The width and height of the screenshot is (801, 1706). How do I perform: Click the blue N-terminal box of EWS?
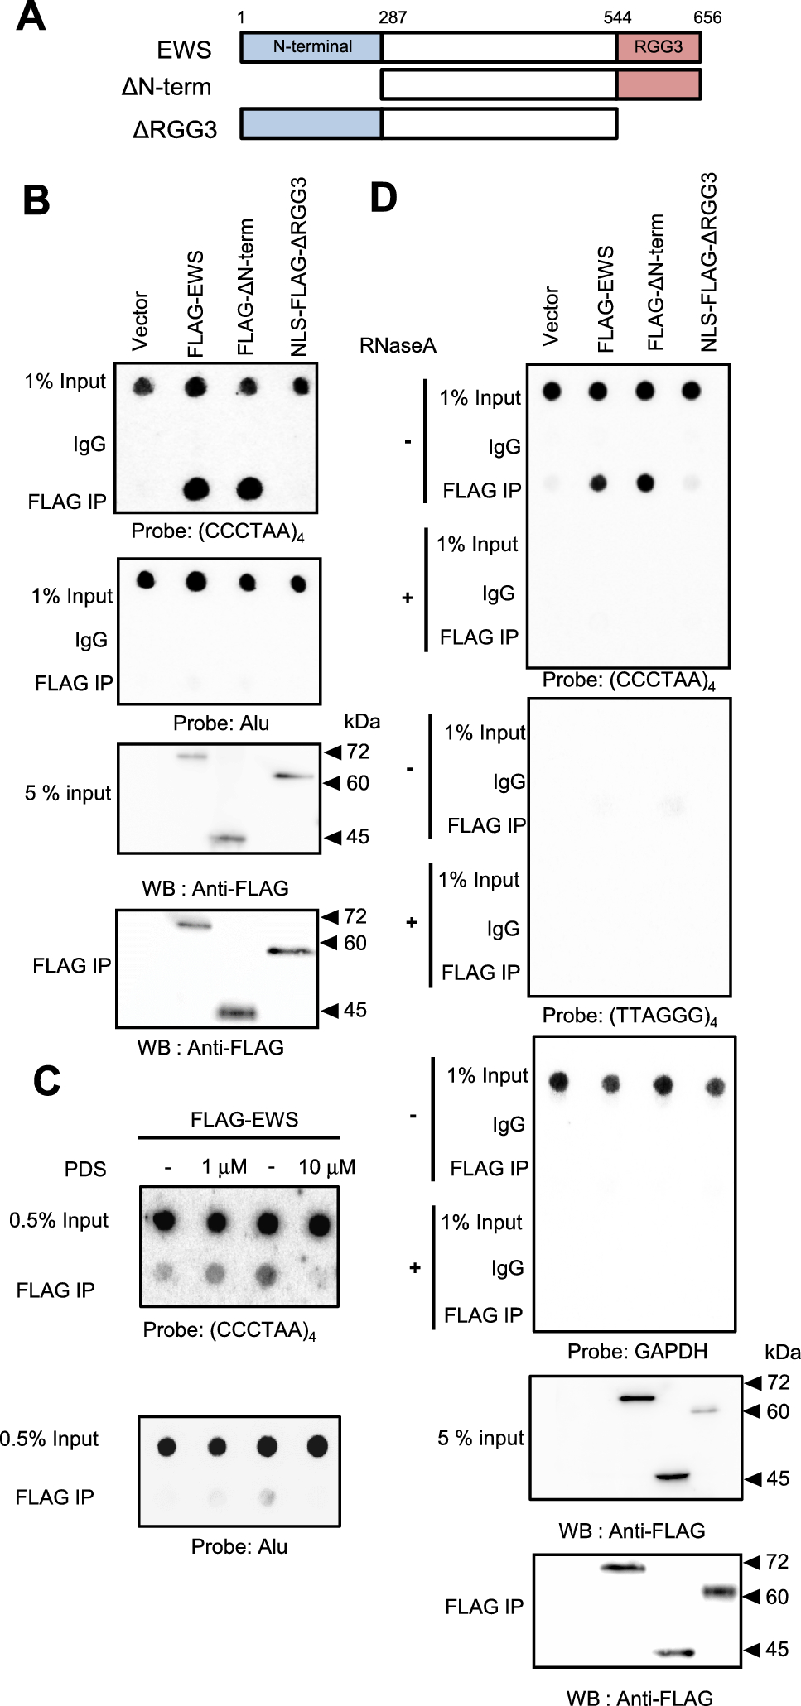311,47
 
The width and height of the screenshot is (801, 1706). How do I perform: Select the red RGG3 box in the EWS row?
659,47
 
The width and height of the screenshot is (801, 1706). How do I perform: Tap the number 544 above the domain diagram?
617,17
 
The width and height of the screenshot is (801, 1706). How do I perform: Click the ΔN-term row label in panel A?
166,86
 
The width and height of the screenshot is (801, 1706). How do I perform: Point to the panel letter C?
46,1080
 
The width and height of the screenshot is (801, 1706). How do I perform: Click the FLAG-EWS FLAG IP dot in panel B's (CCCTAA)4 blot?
195,489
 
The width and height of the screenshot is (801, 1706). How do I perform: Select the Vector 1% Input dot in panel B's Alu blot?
146,579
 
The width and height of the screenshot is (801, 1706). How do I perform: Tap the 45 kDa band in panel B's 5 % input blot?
229,839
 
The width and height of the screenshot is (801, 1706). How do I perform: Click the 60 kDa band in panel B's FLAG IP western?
290,951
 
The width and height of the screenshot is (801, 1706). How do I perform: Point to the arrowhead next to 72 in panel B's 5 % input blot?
333,752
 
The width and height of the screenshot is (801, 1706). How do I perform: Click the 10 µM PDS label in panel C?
326,1166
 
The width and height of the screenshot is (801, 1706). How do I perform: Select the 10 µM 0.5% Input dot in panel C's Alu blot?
317,1446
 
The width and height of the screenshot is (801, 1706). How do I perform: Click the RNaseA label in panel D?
398,345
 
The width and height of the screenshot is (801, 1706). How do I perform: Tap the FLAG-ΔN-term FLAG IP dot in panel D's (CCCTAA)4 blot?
644,482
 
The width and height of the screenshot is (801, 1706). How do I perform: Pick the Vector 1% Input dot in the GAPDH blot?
560,1081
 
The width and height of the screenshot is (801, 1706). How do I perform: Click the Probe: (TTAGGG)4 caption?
630,1016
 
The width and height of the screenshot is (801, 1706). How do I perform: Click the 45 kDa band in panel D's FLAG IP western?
673,1652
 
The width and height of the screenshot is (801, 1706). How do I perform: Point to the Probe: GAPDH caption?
637,1351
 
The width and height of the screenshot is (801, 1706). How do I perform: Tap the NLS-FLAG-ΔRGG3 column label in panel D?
707,262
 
